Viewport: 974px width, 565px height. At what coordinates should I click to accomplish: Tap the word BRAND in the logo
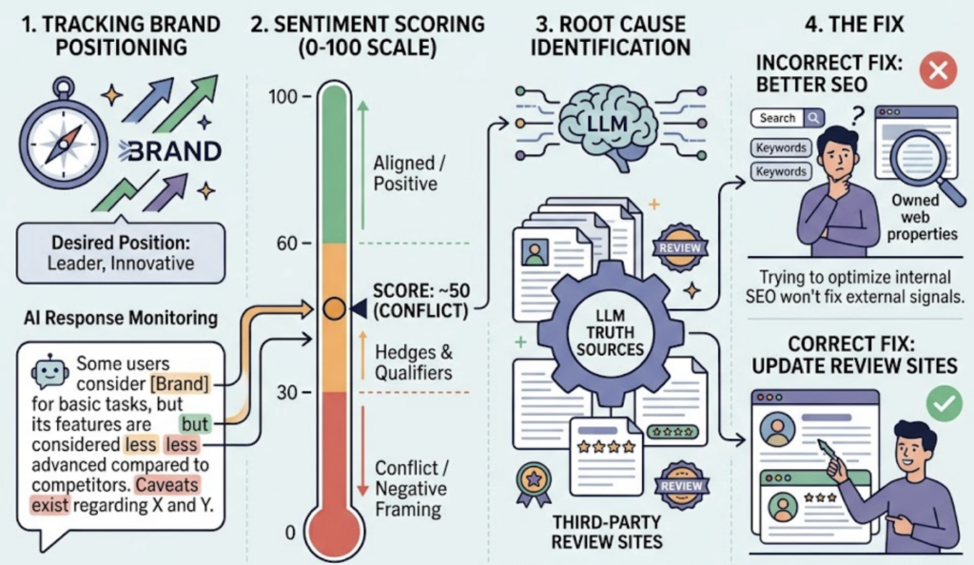click(170, 151)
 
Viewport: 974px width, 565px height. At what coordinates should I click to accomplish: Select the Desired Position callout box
click(121, 252)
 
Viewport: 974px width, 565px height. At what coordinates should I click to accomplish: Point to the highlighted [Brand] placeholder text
click(180, 383)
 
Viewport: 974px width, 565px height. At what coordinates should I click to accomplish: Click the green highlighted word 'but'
click(194, 424)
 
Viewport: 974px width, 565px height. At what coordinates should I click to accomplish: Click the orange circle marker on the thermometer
click(334, 308)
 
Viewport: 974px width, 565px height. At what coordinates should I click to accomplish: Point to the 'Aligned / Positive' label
click(409, 173)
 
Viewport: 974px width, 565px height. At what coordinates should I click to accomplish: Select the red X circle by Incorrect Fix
click(938, 70)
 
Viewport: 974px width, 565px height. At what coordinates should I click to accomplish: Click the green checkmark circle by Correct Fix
click(945, 403)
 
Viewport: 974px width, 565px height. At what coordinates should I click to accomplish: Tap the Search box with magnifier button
click(788, 118)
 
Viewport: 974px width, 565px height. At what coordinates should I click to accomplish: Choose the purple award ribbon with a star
click(534, 484)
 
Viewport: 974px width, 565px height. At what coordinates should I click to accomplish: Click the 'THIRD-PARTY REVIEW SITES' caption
click(607, 532)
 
